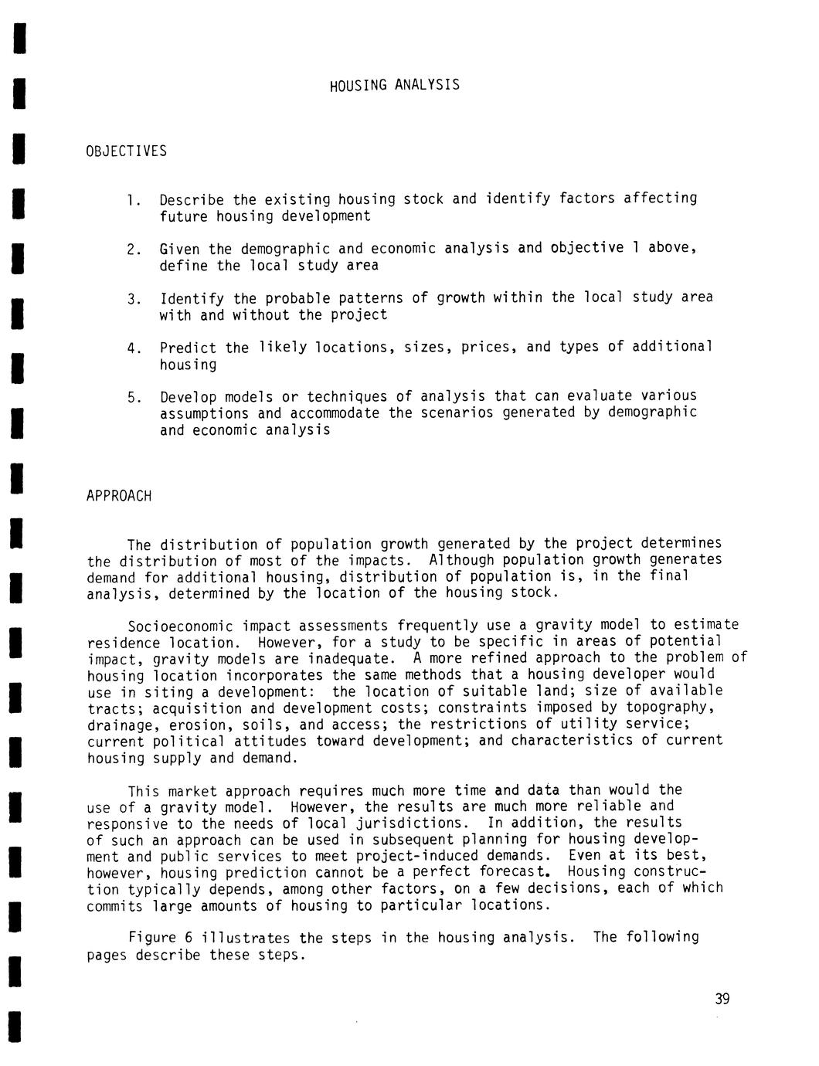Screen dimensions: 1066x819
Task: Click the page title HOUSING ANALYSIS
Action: point(394,85)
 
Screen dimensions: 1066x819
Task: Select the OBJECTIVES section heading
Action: point(127,151)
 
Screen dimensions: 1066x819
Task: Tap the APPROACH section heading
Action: point(119,496)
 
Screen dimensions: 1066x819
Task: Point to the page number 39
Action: point(722,1000)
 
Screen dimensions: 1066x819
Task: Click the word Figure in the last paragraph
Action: point(151,939)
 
